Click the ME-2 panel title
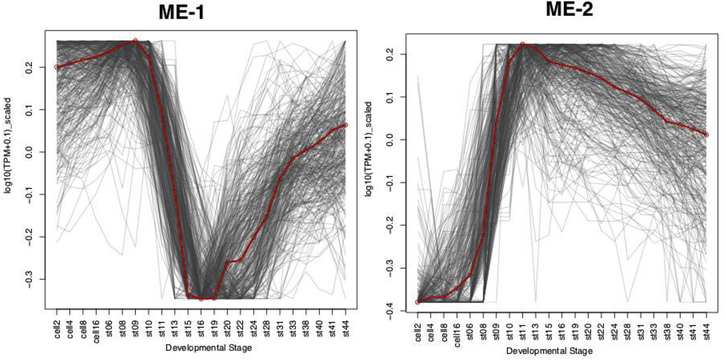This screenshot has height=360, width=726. click(569, 9)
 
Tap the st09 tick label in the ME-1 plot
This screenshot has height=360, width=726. click(136, 328)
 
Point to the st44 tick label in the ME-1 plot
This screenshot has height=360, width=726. click(346, 328)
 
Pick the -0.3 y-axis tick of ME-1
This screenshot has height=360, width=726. click(29, 279)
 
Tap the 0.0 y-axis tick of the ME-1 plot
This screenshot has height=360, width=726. click(29, 152)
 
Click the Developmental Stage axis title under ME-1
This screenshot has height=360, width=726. click(209, 348)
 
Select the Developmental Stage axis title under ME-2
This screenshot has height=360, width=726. click(549, 351)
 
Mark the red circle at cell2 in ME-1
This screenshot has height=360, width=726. click(57, 67)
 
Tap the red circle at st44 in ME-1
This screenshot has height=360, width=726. click(345, 125)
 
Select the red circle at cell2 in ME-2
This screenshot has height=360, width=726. click(418, 302)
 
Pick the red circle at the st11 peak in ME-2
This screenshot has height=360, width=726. click(522, 44)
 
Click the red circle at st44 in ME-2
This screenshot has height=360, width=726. click(706, 135)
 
